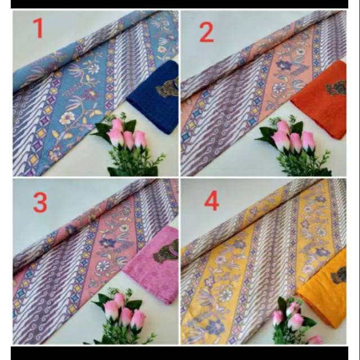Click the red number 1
coord(38,28)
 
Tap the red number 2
coord(206,33)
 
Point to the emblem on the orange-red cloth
coord(336,88)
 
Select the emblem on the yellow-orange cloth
coord(339,276)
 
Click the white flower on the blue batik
coord(68,118)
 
